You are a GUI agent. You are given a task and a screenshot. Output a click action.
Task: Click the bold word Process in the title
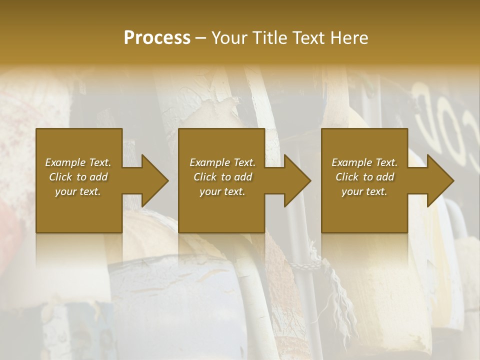pyautogui.click(x=157, y=38)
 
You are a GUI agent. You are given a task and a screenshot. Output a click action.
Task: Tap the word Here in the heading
pyautogui.click(x=348, y=38)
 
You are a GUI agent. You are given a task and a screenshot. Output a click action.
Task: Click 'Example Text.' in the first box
pyautogui.click(x=78, y=162)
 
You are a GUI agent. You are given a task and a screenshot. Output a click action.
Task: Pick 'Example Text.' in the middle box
pyautogui.click(x=222, y=162)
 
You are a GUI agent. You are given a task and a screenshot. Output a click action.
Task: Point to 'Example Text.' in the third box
pyautogui.click(x=364, y=162)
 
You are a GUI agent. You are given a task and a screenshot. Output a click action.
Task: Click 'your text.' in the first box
pyautogui.click(x=78, y=191)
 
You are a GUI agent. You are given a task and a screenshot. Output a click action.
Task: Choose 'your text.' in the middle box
pyautogui.click(x=222, y=191)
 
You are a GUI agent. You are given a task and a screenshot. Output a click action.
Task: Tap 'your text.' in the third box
pyautogui.click(x=364, y=191)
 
